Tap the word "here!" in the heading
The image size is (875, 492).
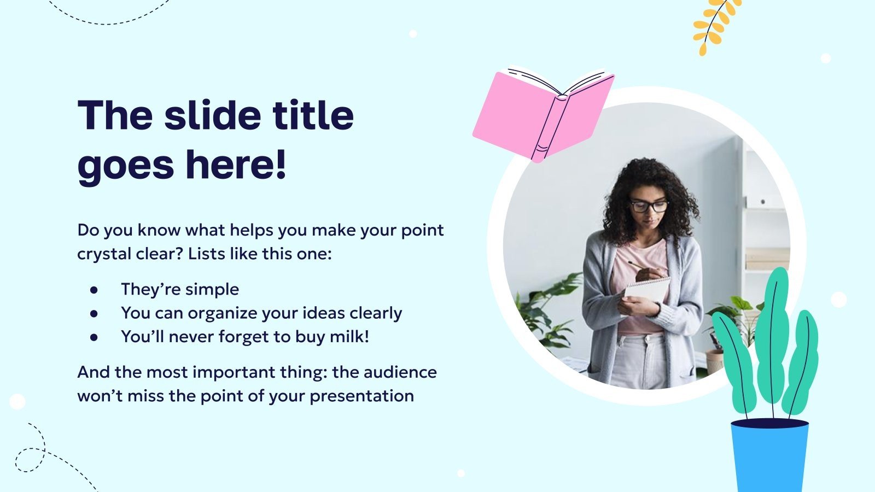[236, 165]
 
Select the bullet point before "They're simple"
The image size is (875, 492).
[94, 290]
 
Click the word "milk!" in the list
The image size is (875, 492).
[349, 337]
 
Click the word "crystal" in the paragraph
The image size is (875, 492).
[104, 254]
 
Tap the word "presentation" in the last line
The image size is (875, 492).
[361, 396]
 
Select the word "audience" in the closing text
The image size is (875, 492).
[400, 372]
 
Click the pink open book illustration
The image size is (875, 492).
[543, 115]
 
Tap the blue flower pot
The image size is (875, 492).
[769, 455]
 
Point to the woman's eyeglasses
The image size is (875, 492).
[649, 206]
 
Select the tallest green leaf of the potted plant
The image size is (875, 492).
[772, 336]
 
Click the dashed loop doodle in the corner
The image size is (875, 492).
[31, 459]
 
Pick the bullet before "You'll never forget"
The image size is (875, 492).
[94, 337]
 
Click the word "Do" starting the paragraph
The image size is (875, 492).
[87, 230]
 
